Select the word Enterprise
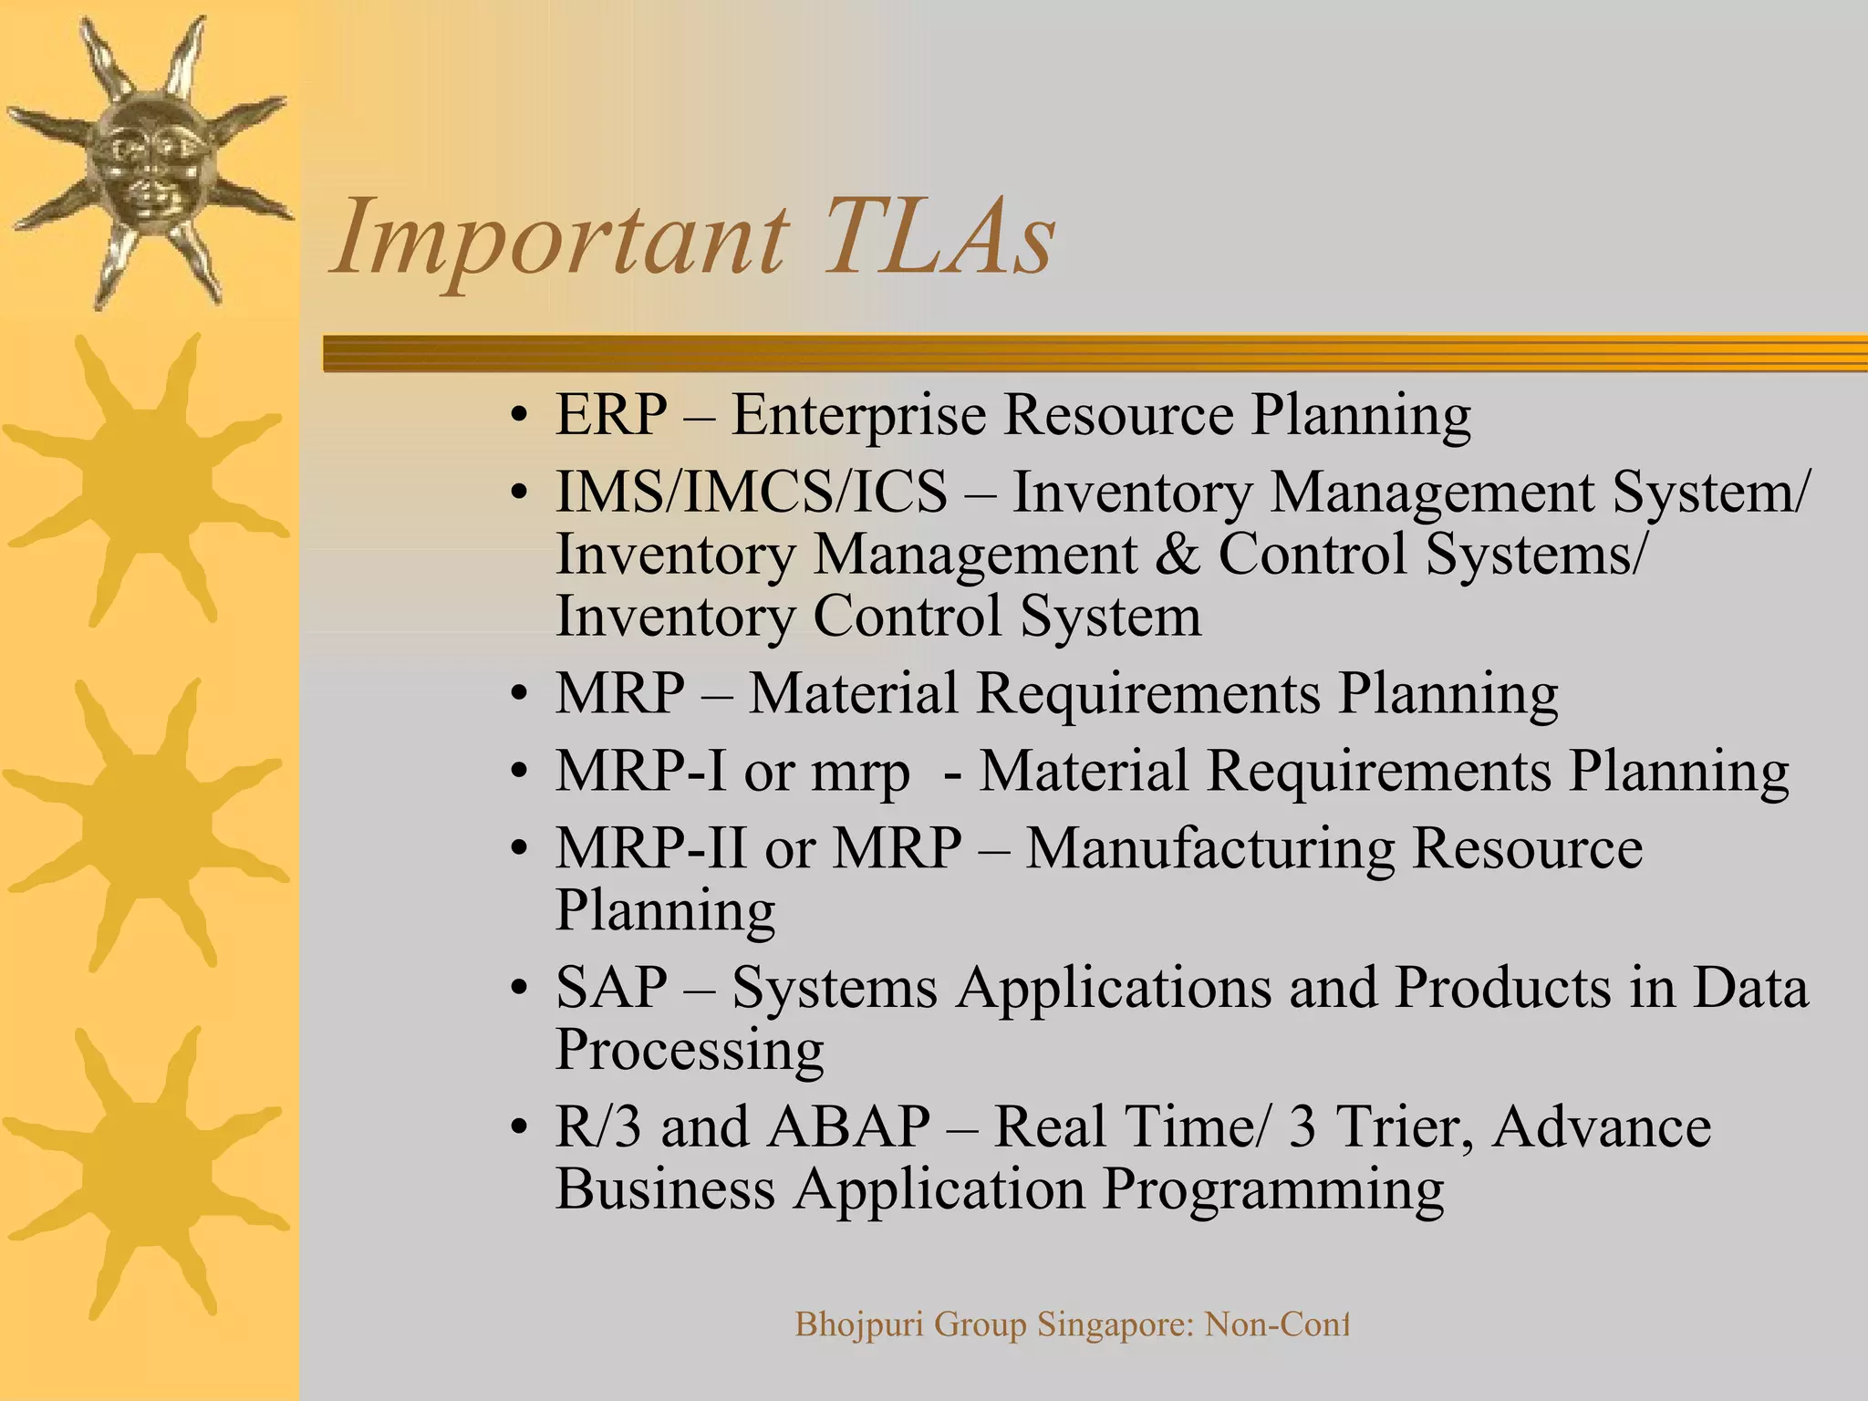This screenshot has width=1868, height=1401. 858,415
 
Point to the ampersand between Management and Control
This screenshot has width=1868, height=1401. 1177,555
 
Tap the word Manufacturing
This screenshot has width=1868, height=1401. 1209,848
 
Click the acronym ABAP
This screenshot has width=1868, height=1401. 848,1127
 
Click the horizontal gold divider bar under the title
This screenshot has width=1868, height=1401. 1095,354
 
